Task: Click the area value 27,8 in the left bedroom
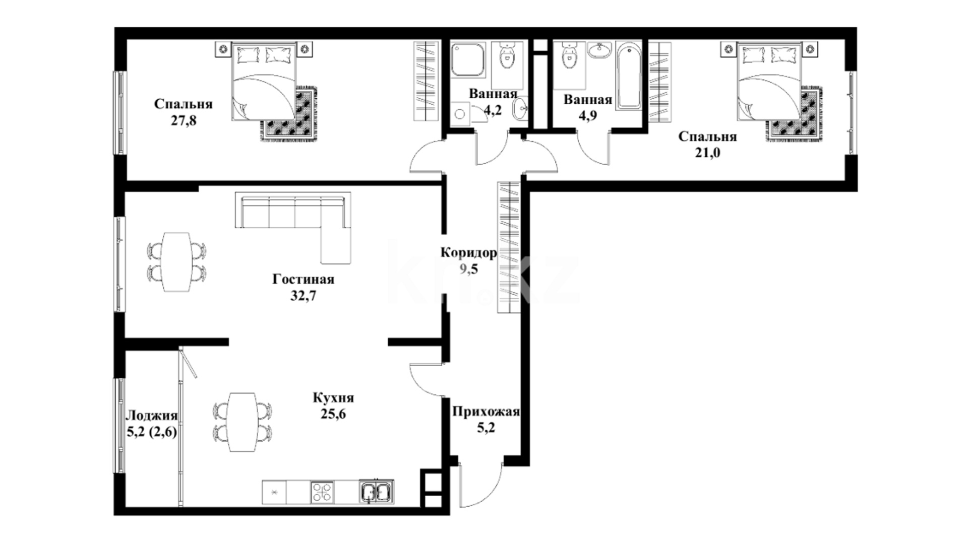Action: [184, 121]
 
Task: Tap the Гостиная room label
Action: [303, 279]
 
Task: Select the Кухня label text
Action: [333, 398]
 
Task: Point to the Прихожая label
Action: [486, 413]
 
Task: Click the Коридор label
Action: [469, 252]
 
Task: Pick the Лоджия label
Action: [151, 416]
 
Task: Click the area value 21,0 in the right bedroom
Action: [707, 153]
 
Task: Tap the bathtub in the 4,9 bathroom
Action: [629, 76]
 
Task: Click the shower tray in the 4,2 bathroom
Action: [468, 59]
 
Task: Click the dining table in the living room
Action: [176, 261]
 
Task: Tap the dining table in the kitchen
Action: [242, 422]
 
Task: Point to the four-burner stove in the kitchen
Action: [322, 492]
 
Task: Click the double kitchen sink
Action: [377, 492]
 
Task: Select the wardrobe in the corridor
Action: [509, 247]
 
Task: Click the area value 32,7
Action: [303, 296]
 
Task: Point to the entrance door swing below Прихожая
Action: [482, 484]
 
